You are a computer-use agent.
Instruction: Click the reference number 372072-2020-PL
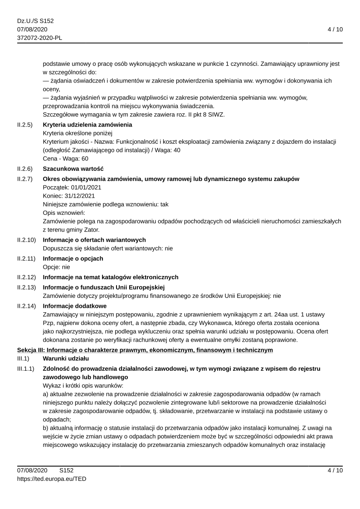[39, 38]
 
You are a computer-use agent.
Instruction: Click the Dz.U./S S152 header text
[35, 21]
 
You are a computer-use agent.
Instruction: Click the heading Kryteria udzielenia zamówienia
[88, 125]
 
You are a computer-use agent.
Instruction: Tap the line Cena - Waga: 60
[65, 159]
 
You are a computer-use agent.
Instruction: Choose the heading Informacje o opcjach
[73, 258]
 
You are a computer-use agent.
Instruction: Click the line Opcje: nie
[56, 267]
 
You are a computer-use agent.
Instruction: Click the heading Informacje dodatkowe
[74, 306]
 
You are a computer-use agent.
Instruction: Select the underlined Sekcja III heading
[145, 350]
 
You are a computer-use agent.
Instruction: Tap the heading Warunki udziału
[66, 359]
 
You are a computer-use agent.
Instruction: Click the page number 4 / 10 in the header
[335, 29]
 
